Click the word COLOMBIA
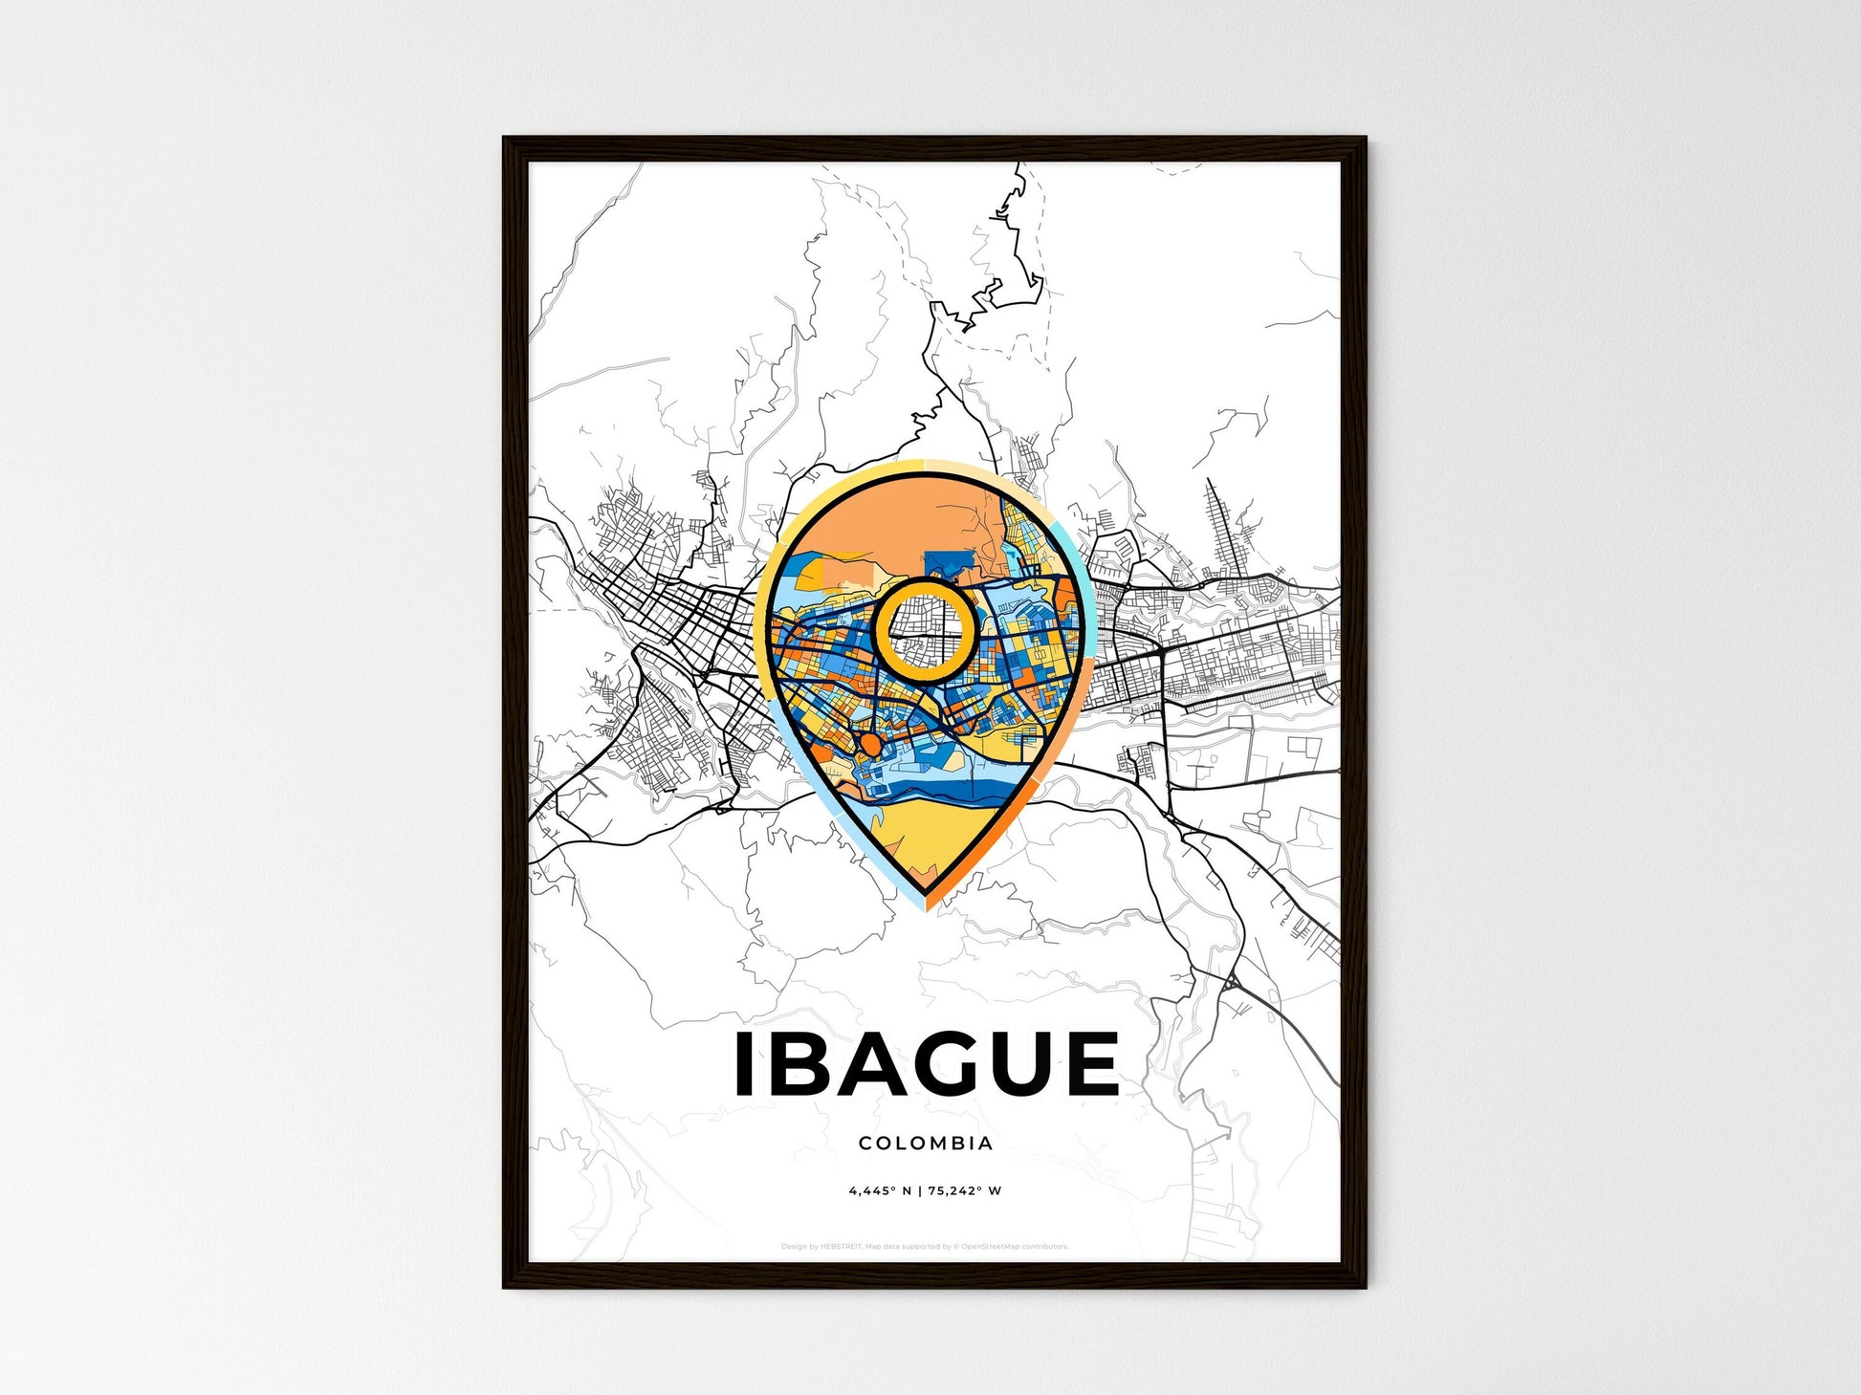925,1144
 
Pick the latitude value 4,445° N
879,1191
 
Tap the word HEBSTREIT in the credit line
841,1247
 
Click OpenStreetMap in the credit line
987,1247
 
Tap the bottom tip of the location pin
926,906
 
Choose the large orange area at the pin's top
880,516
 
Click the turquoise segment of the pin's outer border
1073,574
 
